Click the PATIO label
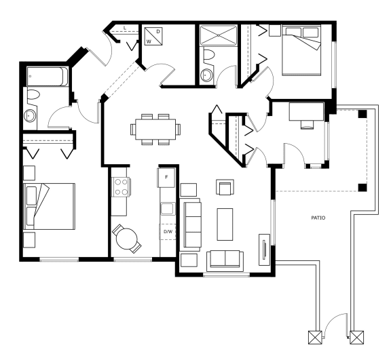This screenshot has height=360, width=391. [x=318, y=218]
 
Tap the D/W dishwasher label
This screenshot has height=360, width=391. [x=168, y=232]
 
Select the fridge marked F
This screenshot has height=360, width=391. [x=166, y=178]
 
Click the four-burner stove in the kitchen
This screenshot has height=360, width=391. [x=121, y=186]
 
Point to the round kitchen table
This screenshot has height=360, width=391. [x=127, y=239]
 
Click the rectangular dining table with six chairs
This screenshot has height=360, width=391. [x=155, y=129]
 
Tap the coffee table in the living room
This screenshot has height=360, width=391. [x=225, y=224]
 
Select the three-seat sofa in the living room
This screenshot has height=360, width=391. [x=192, y=224]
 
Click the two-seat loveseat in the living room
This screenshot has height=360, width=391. [x=225, y=260]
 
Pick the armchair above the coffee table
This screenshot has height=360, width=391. [x=225, y=187]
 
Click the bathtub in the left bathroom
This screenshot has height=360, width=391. [x=47, y=77]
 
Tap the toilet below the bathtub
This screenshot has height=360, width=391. [x=33, y=95]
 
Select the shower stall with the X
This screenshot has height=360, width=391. [x=218, y=35]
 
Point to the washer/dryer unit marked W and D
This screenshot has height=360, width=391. [x=153, y=37]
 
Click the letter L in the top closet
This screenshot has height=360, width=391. [x=125, y=28]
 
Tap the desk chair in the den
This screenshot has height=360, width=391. [x=307, y=125]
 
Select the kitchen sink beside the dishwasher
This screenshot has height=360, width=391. [x=167, y=209]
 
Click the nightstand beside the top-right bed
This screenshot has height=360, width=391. [x=276, y=31]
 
